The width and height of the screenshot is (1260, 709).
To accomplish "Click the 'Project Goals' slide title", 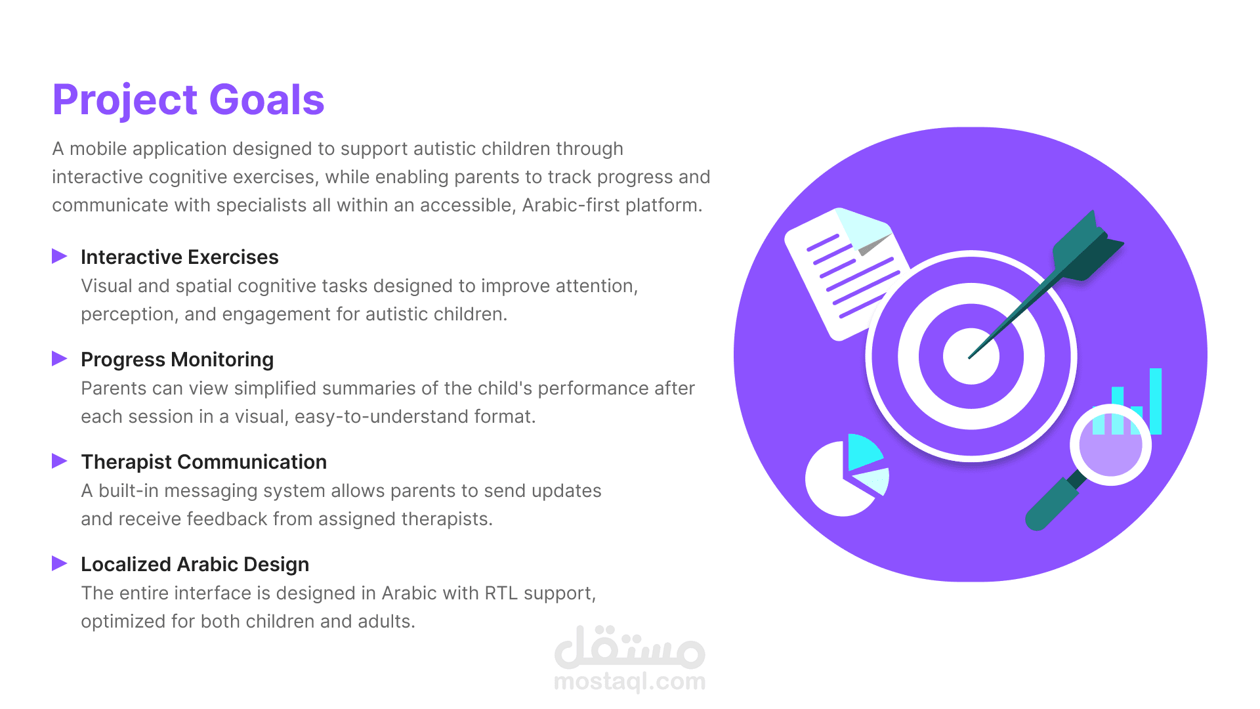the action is [x=188, y=100].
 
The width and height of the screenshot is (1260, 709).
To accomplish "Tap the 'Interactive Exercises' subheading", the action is [x=179, y=257].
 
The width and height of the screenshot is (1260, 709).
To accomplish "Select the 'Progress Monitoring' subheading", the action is [x=177, y=359].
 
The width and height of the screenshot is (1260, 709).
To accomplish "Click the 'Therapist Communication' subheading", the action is [x=203, y=462].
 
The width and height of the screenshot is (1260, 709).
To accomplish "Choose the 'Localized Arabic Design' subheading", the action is [x=195, y=564].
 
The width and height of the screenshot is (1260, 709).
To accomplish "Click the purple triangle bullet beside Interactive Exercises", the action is [x=59, y=256].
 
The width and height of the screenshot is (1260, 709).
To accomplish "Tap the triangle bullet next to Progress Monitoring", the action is [x=59, y=358].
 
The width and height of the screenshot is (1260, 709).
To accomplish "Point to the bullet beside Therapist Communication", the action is [x=59, y=461].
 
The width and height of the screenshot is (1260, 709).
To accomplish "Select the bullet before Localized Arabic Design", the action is [x=59, y=563].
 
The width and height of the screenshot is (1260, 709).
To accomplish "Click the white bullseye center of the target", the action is [x=971, y=356].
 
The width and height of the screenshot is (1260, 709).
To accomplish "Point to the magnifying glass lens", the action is [x=1110, y=445].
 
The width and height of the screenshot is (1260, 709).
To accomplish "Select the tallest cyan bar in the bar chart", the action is [x=1156, y=401].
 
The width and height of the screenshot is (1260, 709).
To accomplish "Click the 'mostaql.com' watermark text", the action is [x=630, y=682].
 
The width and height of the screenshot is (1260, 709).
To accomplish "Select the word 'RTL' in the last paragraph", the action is [x=501, y=593].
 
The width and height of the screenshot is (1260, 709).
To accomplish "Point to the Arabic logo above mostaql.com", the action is [x=630, y=647].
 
